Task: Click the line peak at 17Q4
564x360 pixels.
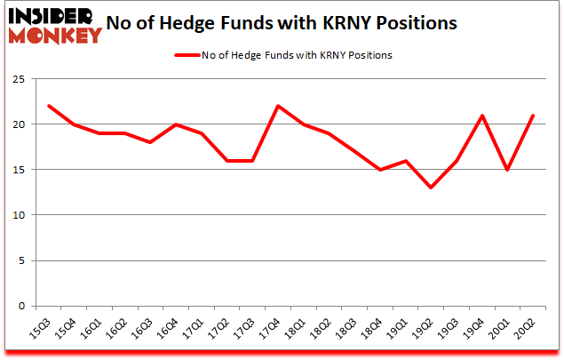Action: pyautogui.click(x=278, y=106)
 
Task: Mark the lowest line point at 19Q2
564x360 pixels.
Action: pyautogui.click(x=431, y=188)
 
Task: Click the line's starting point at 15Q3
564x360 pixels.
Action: pyautogui.click(x=49, y=106)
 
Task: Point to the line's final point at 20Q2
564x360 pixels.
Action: pyautogui.click(x=533, y=115)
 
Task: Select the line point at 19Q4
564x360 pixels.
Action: pyautogui.click(x=481, y=115)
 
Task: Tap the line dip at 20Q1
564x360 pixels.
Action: pyautogui.click(x=507, y=170)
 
